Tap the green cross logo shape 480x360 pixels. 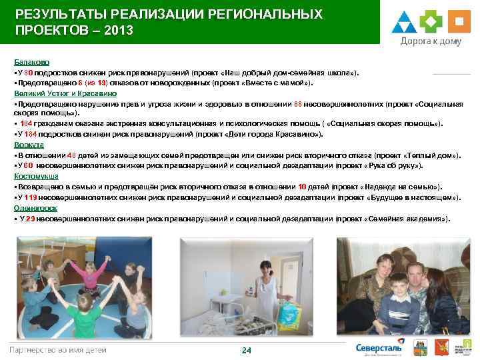431,21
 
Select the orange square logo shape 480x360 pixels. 459,21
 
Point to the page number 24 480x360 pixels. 246,351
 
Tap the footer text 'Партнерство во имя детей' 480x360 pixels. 57,350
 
